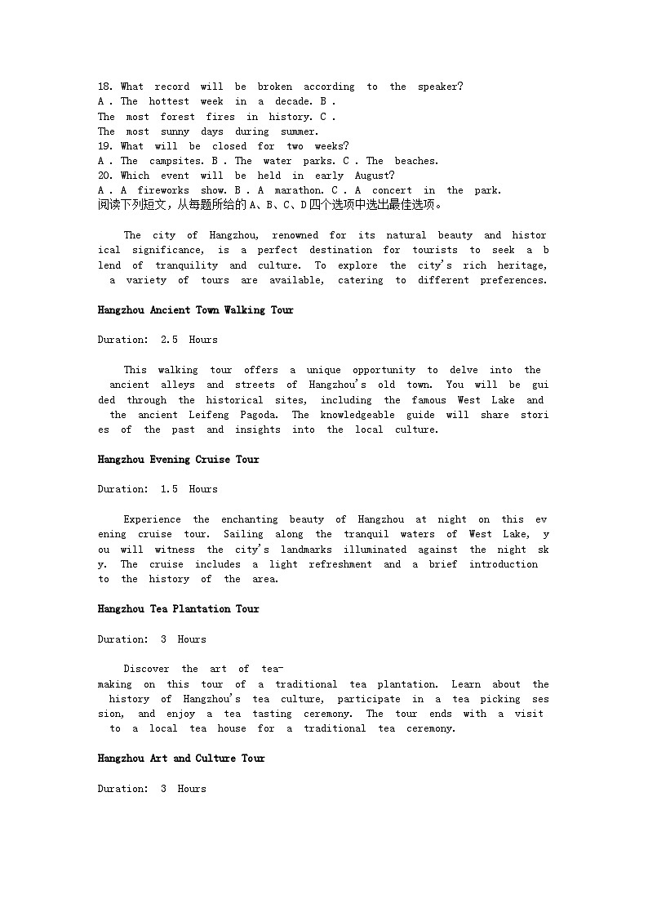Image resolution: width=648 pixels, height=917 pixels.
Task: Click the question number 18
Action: pyautogui.click(x=105, y=87)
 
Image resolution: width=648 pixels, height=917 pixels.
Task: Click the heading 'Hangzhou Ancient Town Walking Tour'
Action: pyautogui.click(x=195, y=310)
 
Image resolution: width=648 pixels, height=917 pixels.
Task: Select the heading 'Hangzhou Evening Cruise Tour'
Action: pyautogui.click(x=178, y=460)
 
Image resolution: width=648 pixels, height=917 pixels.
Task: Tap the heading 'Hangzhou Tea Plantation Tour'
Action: pyautogui.click(x=178, y=609)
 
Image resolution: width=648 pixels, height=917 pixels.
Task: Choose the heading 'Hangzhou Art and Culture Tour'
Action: pyautogui.click(x=181, y=759)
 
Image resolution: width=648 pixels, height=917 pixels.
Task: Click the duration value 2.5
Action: pyautogui.click(x=169, y=340)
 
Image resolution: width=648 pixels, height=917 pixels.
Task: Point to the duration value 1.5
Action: pyautogui.click(x=169, y=489)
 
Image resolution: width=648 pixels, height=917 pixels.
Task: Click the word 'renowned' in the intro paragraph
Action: pyautogui.click(x=295, y=235)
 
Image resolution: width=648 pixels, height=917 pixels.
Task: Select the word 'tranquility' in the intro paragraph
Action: pyautogui.click(x=187, y=265)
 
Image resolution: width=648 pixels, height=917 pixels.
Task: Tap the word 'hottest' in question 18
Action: pyautogui.click(x=169, y=101)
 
